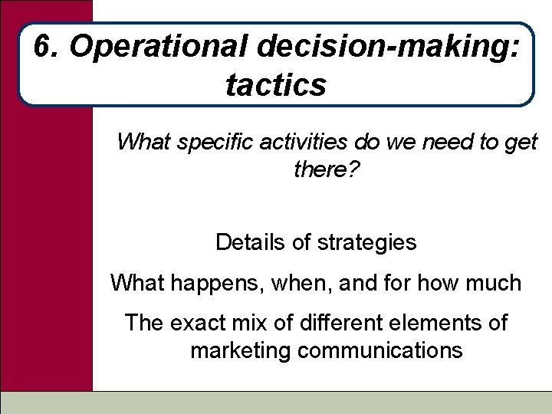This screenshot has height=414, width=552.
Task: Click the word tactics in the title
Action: pos(276,84)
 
